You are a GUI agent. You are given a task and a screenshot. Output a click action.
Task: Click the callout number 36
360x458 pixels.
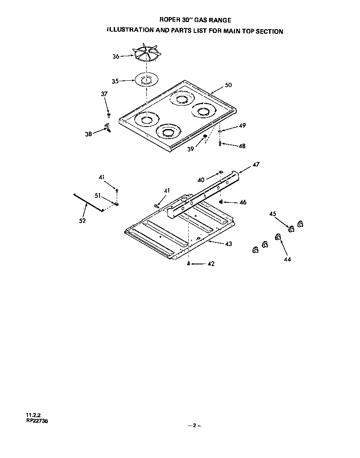tap(116, 57)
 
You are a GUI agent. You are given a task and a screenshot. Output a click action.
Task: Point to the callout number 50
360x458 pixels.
tap(228, 85)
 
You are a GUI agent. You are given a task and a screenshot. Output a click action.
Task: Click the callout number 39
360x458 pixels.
tap(190, 149)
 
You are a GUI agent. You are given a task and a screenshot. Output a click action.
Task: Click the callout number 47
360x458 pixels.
tap(256, 165)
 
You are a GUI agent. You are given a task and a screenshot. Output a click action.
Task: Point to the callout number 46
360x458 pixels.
tap(243, 202)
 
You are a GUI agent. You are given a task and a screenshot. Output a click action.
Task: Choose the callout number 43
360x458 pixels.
tap(228, 244)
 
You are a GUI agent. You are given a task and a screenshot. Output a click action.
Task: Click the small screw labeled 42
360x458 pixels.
tap(189, 264)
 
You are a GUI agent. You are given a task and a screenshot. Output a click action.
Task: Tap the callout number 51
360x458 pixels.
tap(97, 195)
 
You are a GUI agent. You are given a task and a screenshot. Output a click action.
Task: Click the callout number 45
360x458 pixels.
tap(272, 214)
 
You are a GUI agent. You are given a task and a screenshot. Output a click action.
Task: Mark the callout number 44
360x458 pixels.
tap(287, 259)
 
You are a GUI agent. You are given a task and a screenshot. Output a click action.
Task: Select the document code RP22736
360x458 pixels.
tap(37, 421)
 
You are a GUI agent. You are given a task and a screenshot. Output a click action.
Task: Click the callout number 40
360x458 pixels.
tap(201, 179)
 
